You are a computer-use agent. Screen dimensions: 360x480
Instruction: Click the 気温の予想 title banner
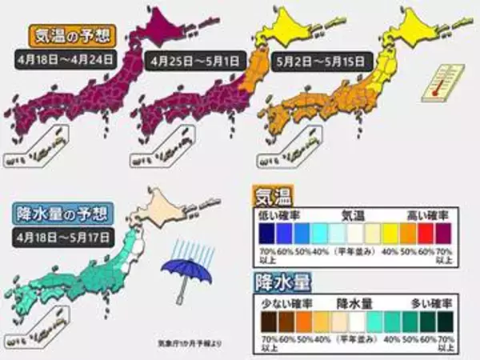coord(70,36)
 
